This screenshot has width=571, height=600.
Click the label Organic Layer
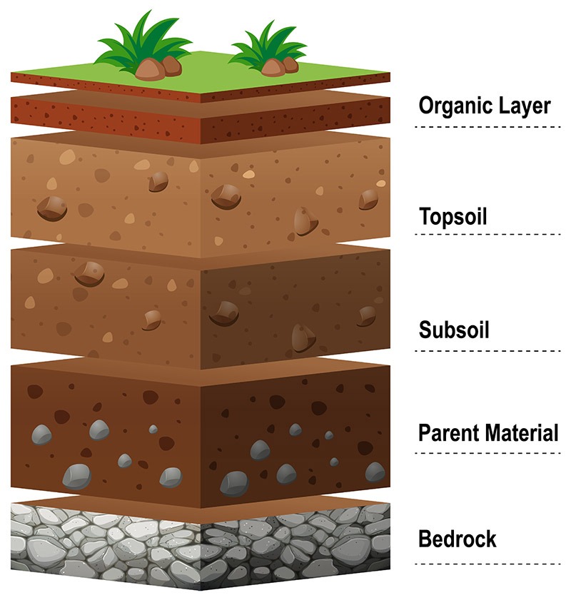click(x=485, y=106)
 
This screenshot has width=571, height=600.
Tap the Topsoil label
click(x=453, y=215)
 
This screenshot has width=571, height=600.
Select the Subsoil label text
click(x=454, y=331)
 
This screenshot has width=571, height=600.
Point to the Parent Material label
click(x=488, y=432)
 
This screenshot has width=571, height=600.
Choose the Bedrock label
click(x=457, y=539)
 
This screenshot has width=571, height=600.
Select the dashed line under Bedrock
click(x=488, y=564)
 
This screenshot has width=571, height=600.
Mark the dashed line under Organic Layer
click(x=488, y=127)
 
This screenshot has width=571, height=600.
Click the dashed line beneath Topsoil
click(x=488, y=233)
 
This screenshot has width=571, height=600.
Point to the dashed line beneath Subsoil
click(x=488, y=350)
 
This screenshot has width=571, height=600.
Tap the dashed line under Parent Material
click(x=488, y=452)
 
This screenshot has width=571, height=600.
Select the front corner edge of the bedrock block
click(x=201, y=556)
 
